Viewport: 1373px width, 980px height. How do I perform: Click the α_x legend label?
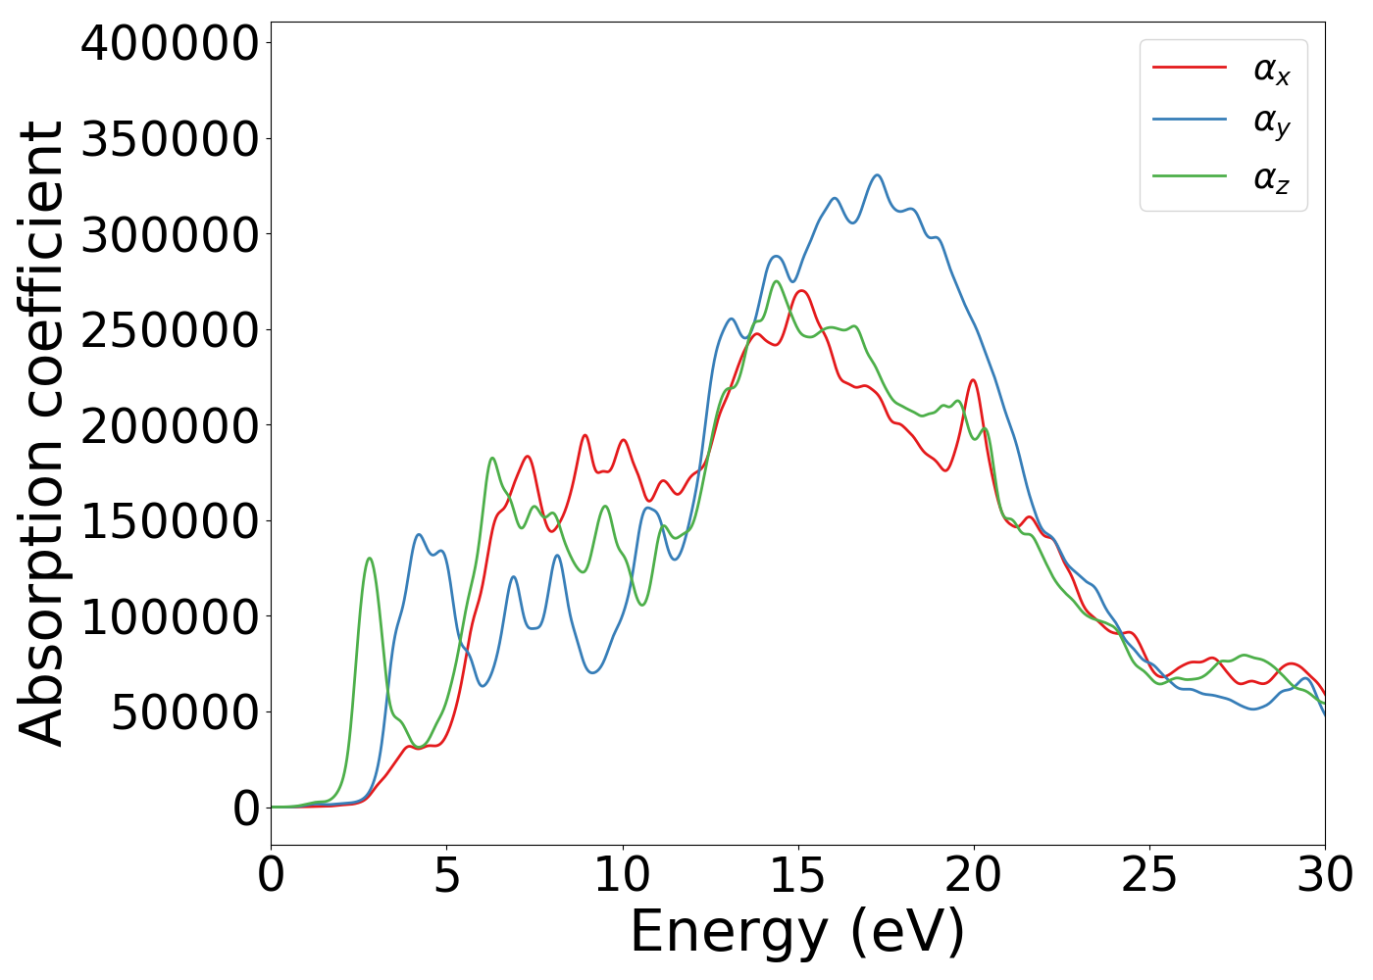pyautogui.click(x=1271, y=70)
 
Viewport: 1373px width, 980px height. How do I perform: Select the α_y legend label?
pyautogui.click(x=1271, y=122)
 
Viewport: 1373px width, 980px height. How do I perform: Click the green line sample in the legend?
pyautogui.click(x=1189, y=176)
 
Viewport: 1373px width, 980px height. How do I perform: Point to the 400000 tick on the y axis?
pyautogui.click(x=170, y=44)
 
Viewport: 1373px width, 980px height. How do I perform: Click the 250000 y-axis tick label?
pyautogui.click(x=170, y=331)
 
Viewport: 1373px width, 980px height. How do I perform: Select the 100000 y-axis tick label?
pyautogui.click(x=170, y=618)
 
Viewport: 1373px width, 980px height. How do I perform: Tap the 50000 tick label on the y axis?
pyautogui.click(x=184, y=713)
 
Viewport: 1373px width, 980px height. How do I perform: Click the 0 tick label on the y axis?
pyautogui.click(x=246, y=809)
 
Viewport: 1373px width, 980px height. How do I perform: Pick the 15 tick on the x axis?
pyautogui.click(x=797, y=875)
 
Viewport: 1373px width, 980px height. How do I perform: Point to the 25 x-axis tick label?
pyautogui.click(x=1149, y=875)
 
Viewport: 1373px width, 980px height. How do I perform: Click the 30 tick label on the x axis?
pyautogui.click(x=1325, y=875)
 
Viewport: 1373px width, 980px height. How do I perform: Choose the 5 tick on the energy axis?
pyautogui.click(x=446, y=875)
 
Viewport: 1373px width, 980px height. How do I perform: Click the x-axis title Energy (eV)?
pyautogui.click(x=797, y=932)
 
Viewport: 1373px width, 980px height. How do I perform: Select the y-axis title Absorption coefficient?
pyautogui.click(x=41, y=433)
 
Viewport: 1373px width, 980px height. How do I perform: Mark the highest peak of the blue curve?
pyautogui.click(x=878, y=175)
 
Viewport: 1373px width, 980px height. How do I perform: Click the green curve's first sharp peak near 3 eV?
pyautogui.click(x=370, y=558)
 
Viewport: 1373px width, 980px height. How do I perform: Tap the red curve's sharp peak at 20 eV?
pyautogui.click(x=973, y=380)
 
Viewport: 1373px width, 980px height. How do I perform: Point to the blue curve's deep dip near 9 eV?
pyautogui.click(x=593, y=672)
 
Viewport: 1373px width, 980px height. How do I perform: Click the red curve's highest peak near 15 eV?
pyautogui.click(x=802, y=290)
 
